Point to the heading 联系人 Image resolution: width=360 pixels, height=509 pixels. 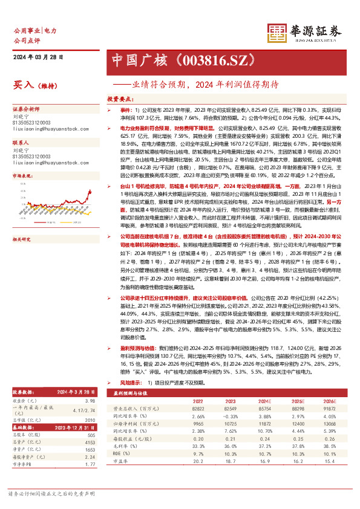22,143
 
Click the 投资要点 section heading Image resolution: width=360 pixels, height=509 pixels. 120,98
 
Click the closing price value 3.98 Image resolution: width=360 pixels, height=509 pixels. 90,417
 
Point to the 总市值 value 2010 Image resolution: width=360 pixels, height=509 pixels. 90,436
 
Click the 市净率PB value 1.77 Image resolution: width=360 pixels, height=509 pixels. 90,482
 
